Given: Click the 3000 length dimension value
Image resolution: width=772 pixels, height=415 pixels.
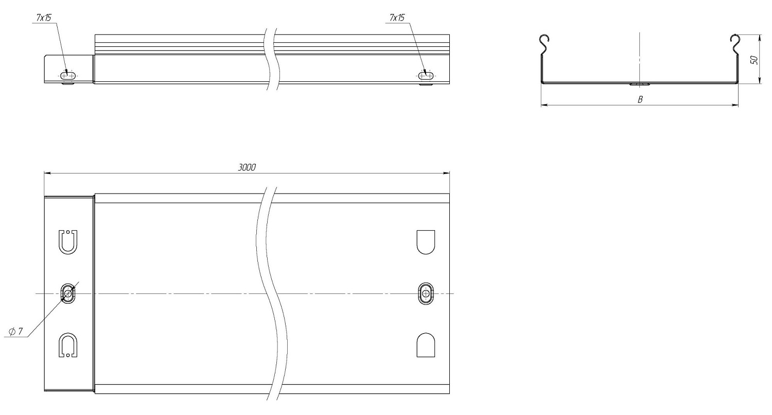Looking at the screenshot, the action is coord(247,167).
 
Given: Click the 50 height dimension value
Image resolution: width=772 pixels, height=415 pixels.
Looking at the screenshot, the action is coord(755,60).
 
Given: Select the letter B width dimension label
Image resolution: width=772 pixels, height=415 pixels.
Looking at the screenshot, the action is coord(640,99).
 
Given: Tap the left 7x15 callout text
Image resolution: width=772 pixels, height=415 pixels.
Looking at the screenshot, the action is coord(44,18).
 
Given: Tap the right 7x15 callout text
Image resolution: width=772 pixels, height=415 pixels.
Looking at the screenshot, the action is coord(397,18).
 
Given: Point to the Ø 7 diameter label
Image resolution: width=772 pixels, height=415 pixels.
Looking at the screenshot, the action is coord(15,332).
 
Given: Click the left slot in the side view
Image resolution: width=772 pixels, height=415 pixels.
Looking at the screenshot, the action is coord(68,75).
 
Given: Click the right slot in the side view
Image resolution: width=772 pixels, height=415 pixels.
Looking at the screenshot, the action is coord(426,75).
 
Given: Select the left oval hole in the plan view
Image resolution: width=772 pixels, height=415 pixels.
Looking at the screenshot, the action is coord(68,293).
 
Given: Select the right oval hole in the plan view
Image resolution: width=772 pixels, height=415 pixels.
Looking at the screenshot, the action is coord(426,293).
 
